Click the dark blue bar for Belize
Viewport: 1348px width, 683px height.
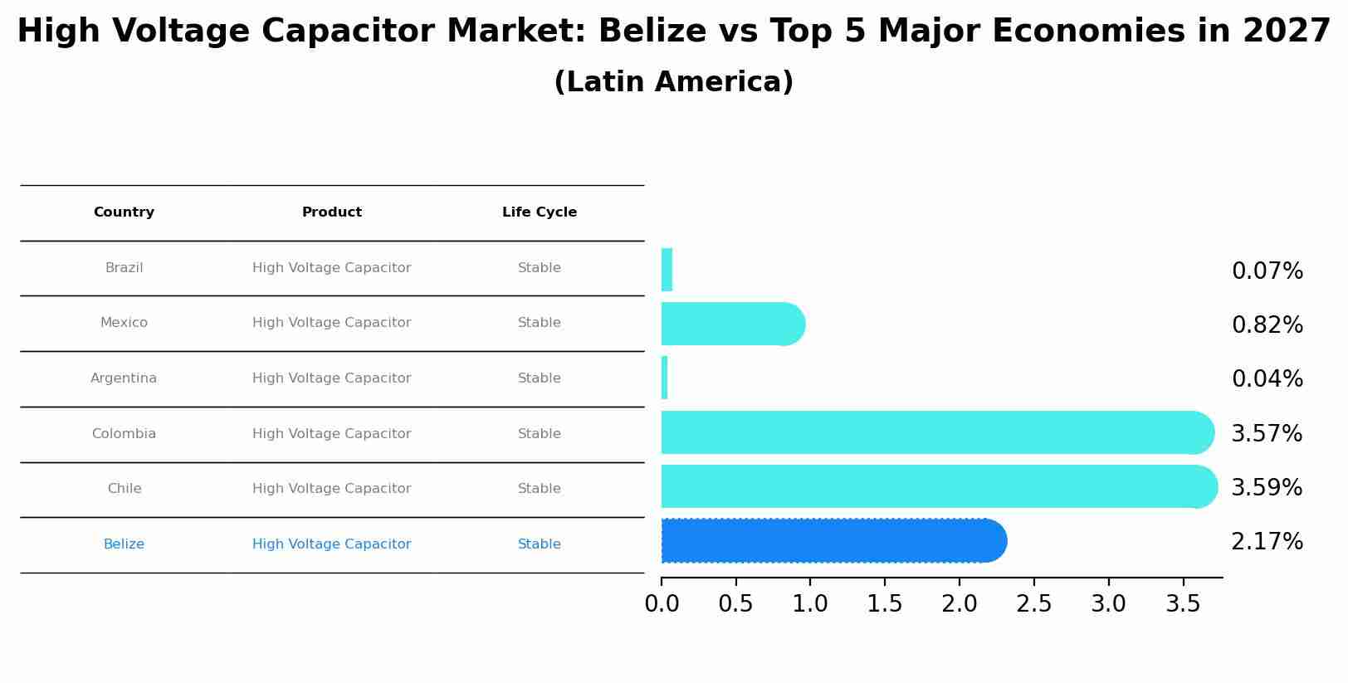[x=830, y=541]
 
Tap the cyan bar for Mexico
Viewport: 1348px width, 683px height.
[x=730, y=324]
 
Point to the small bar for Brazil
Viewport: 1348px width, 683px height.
[x=667, y=270]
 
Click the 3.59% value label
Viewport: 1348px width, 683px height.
[x=1267, y=488]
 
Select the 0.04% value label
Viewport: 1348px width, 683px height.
[x=1267, y=379]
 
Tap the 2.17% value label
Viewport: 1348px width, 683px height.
[x=1267, y=542]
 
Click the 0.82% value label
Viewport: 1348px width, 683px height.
[x=1267, y=325]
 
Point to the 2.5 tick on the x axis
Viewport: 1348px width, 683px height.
[x=1034, y=604]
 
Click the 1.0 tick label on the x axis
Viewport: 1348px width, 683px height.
[x=810, y=604]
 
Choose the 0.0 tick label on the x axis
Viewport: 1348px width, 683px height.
[x=662, y=604]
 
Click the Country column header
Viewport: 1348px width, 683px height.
[x=124, y=212]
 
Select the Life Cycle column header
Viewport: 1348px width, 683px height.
[x=540, y=212]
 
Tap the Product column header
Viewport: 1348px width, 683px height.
[x=332, y=212]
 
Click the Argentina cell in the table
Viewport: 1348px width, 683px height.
[x=124, y=378]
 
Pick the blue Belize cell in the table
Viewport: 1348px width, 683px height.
[x=124, y=544]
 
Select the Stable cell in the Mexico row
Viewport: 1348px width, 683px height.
[x=540, y=323]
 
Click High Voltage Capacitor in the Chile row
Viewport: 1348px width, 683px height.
[x=332, y=489]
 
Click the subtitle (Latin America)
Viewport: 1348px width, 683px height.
[x=673, y=82]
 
